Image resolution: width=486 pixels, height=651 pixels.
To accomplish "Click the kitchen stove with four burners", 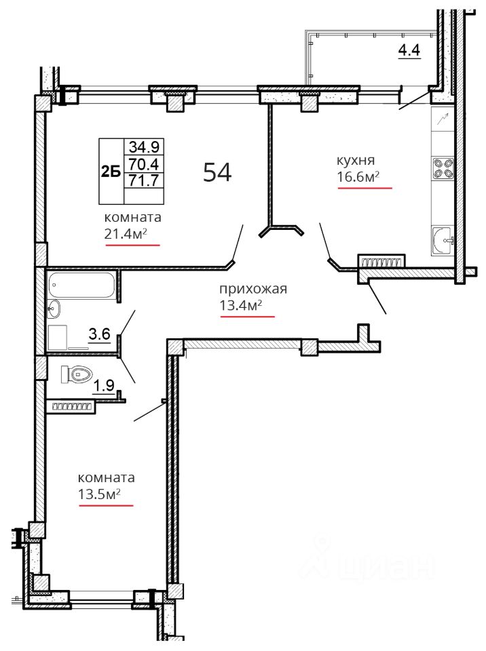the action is [443, 168].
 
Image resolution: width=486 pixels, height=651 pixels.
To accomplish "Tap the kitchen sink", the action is [443, 240].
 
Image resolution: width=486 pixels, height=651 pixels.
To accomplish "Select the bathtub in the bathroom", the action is [81, 285].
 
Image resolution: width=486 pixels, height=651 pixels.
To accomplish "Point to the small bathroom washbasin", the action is [54, 309].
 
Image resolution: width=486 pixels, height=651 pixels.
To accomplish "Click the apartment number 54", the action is [217, 172].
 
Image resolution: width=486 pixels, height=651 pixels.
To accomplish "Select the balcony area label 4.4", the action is [409, 50].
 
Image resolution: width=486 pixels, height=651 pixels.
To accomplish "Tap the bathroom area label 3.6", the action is [100, 334].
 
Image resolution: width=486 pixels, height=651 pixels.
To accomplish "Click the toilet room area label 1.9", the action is [104, 386].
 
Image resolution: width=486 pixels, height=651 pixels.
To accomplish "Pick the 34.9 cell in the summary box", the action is [144, 146].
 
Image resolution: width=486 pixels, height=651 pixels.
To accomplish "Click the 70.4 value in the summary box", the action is [144, 164].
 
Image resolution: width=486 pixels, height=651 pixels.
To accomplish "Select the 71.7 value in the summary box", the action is [144, 180].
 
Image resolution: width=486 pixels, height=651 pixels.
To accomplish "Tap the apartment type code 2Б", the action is [111, 172].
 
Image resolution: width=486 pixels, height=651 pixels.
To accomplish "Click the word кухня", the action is [356, 160].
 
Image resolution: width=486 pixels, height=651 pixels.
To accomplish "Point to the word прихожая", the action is [253, 289].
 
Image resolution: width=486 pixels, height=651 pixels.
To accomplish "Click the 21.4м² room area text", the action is [126, 234].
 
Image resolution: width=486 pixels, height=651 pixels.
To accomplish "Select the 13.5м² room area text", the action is [99, 494].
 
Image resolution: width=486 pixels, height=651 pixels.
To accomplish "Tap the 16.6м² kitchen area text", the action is [358, 177].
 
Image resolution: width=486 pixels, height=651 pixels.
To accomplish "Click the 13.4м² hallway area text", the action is [241, 306].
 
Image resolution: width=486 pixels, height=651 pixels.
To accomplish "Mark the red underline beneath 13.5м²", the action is [106, 505].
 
